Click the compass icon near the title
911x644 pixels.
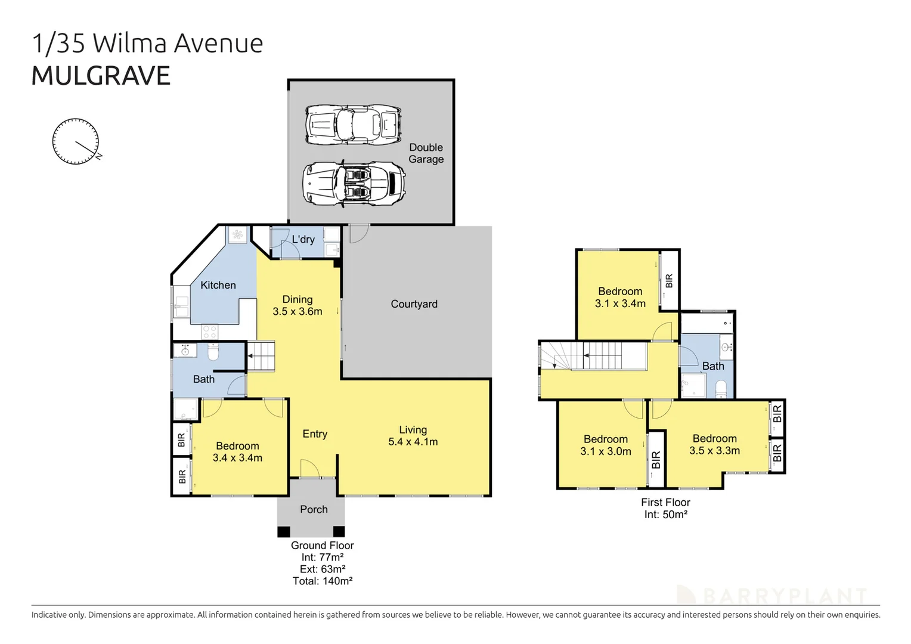pyautogui.click(x=76, y=141)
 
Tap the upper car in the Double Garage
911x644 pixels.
pyautogui.click(x=353, y=125)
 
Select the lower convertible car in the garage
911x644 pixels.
pyautogui.click(x=354, y=183)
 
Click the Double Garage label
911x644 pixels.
pyautogui.click(x=426, y=153)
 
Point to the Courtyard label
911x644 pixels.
pyautogui.click(x=414, y=304)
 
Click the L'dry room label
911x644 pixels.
pyautogui.click(x=303, y=240)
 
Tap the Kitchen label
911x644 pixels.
pyautogui.click(x=218, y=285)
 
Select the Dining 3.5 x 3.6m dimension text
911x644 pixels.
pyautogui.click(x=297, y=311)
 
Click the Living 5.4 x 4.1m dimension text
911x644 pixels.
pyautogui.click(x=413, y=442)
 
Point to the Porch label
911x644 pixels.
pyautogui.click(x=314, y=509)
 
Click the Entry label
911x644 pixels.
pyautogui.click(x=315, y=434)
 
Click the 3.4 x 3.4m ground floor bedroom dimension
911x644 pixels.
pyautogui.click(x=237, y=458)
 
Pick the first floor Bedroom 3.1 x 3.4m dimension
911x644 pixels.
pyautogui.click(x=620, y=304)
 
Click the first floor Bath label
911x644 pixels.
pyautogui.click(x=713, y=366)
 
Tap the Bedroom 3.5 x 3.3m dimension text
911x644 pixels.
pyautogui.click(x=714, y=451)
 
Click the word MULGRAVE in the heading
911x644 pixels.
pyautogui.click(x=101, y=76)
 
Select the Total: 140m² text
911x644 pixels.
pyautogui.click(x=322, y=581)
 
